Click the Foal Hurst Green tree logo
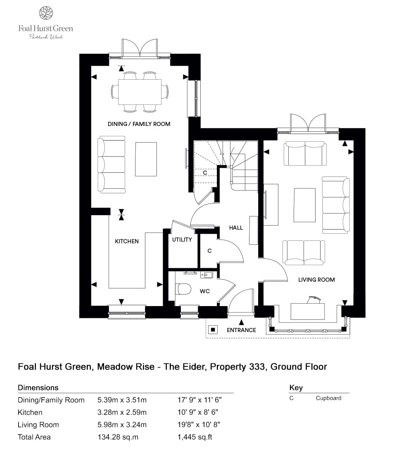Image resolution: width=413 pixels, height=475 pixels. point(45,13)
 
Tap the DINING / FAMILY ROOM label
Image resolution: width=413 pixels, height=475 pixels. point(139,124)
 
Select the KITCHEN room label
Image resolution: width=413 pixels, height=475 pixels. point(127,241)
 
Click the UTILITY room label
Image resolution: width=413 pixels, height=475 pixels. point(182,240)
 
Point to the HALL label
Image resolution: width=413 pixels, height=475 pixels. point(236,228)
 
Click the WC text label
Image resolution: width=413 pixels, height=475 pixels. point(205,291)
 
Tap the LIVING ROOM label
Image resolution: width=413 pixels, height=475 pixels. point(316,280)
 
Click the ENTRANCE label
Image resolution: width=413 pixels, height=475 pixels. point(241,330)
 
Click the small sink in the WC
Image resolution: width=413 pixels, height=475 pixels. point(206,275)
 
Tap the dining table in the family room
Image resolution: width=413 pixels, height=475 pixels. point(140,92)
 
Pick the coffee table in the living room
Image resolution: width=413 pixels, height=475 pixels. point(305,205)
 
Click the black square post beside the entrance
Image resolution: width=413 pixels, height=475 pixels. point(213,330)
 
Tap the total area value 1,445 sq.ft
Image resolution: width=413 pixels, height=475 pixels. point(195,437)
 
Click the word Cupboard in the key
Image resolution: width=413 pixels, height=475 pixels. point(328,398)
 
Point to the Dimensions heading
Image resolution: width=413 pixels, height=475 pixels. point(38,388)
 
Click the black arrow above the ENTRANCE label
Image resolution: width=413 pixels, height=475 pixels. point(241,321)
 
